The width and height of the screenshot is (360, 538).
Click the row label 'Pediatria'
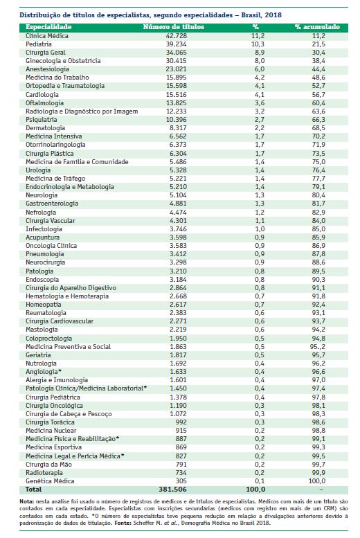pyautogui.click(x=39, y=44)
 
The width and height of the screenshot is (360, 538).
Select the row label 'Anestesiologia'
pyautogui.click(x=47, y=69)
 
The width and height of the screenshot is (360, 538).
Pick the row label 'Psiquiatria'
pyautogui.click(x=42, y=119)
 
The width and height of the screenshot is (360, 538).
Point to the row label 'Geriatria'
pyautogui.click(x=38, y=355)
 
